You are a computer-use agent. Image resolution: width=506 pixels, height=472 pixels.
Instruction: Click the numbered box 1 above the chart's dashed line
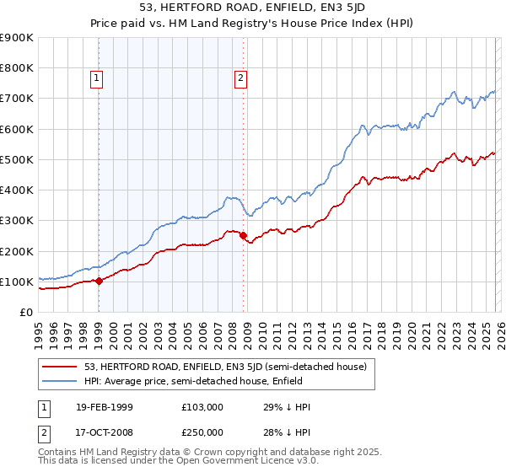(97, 78)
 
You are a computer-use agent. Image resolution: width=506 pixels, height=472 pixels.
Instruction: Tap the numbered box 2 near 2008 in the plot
(240, 78)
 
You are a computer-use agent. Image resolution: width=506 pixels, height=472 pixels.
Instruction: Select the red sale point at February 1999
(99, 281)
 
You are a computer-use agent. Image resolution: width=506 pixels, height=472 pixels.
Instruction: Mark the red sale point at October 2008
(243, 236)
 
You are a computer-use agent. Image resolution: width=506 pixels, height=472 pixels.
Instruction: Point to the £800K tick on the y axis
(17, 68)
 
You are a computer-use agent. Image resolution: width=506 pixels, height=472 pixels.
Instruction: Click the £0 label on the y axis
(24, 312)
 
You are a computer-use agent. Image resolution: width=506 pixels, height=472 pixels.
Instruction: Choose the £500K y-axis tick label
(17, 159)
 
